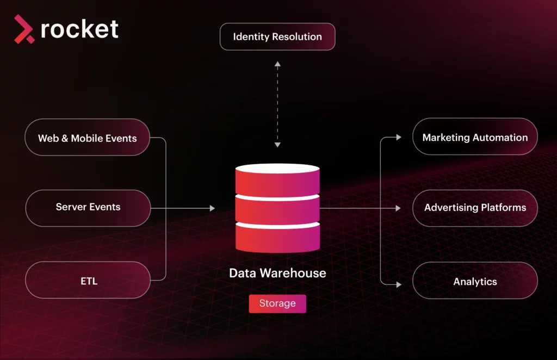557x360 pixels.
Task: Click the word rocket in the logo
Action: [79, 29]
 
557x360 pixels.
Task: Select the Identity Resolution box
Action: [277, 37]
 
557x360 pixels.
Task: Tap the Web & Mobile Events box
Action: [88, 138]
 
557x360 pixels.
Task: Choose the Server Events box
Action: [88, 207]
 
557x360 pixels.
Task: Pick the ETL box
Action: [88, 281]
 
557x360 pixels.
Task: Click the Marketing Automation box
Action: [475, 138]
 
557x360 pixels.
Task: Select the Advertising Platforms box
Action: [475, 208]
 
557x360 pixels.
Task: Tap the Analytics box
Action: [475, 282]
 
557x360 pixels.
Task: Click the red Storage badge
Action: [277, 303]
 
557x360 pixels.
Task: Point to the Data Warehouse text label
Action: [277, 273]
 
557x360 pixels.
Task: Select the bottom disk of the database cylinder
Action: [277, 237]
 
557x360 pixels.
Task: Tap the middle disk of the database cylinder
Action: [277, 209]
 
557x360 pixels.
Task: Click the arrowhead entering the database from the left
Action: [212, 208]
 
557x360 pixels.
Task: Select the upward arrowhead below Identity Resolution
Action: [277, 64]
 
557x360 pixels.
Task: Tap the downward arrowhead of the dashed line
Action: [277, 145]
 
